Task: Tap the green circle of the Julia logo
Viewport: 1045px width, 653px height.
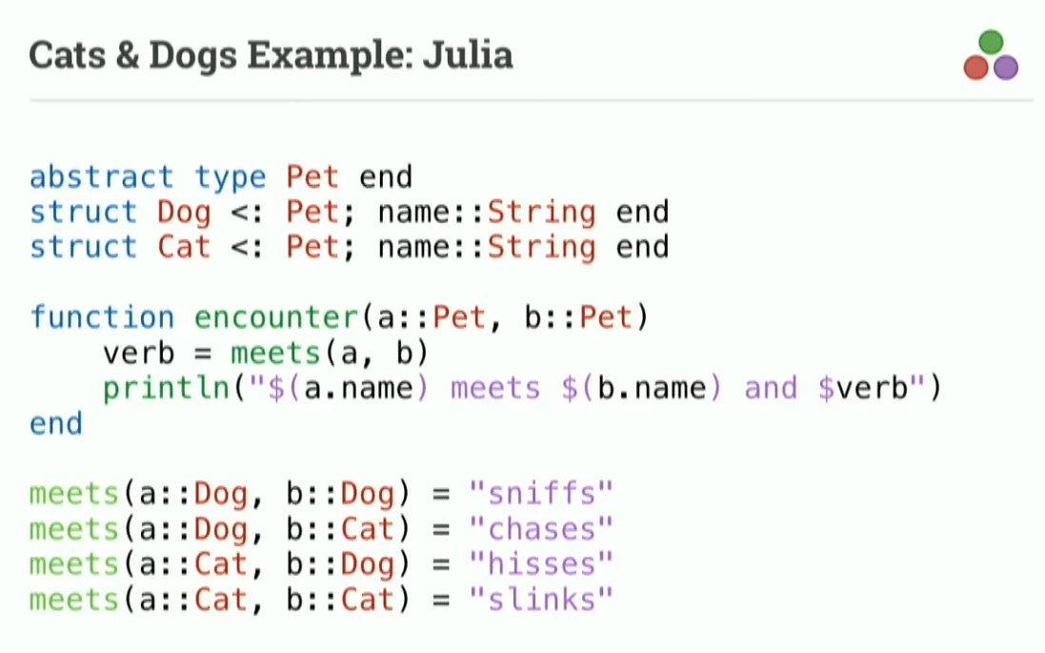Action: pyautogui.click(x=991, y=42)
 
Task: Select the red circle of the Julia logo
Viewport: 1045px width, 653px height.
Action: pyautogui.click(x=976, y=67)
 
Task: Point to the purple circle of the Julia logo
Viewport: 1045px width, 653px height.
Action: pyautogui.click(x=1006, y=67)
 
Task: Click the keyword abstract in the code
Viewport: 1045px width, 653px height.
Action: pyautogui.click(x=102, y=177)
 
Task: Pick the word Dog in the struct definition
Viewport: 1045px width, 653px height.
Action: pyautogui.click(x=184, y=212)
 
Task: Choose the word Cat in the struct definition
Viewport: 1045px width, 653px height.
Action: pyautogui.click(x=184, y=247)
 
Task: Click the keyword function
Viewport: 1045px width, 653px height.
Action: pyautogui.click(x=102, y=316)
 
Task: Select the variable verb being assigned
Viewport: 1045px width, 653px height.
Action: pyautogui.click(x=139, y=353)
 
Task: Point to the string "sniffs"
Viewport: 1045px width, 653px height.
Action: pyautogui.click(x=541, y=494)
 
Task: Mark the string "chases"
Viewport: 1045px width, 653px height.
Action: pyautogui.click(x=541, y=529)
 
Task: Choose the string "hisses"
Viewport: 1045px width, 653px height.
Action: pyautogui.click(x=541, y=564)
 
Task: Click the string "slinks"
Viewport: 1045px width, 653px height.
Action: pyautogui.click(x=541, y=600)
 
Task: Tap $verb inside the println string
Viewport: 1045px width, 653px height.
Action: pyautogui.click(x=863, y=388)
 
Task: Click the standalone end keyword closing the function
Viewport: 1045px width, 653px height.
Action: pyautogui.click(x=56, y=423)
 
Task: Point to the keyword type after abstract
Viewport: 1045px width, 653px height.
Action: pyautogui.click(x=231, y=177)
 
